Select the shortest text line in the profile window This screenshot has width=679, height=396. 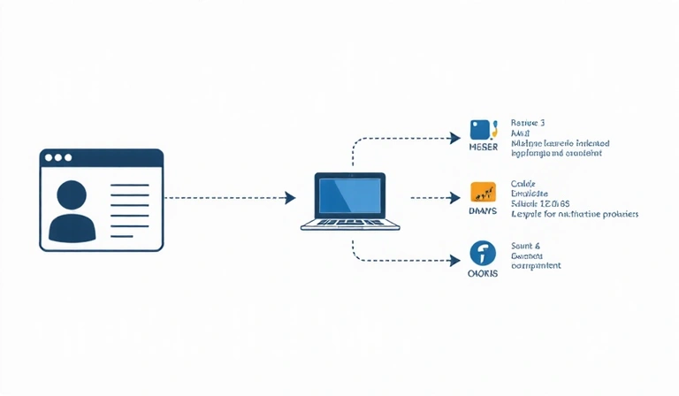[120, 236]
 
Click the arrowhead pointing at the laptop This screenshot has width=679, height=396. [290, 199]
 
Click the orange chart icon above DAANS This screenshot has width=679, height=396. [483, 192]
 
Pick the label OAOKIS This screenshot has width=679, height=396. [483, 274]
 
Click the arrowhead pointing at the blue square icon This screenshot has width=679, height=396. [455, 138]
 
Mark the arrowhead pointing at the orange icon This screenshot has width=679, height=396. [455, 199]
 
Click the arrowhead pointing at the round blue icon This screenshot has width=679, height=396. [455, 260]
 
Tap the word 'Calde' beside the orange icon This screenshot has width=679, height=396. [524, 183]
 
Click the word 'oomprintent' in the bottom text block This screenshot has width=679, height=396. [536, 266]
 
